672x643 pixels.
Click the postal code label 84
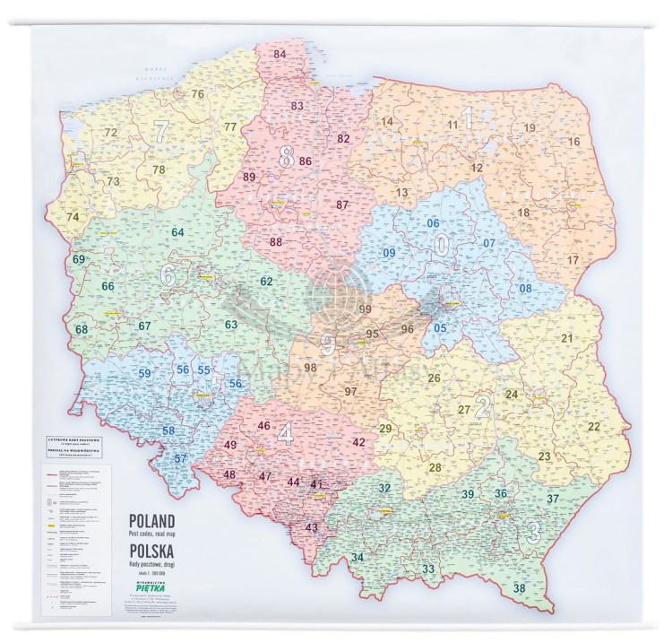280,55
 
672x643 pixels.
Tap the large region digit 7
160,130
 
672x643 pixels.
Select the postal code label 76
197,94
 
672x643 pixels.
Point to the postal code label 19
530,128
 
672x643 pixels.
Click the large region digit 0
441,244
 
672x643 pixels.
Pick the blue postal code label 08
526,288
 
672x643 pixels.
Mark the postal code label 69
79,260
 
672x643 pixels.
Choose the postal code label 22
594,426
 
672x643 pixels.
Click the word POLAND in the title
151,520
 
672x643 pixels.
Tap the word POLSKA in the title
151,548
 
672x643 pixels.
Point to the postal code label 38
520,588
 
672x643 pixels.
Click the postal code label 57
181,459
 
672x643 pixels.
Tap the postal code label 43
312,527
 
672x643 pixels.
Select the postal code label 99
365,309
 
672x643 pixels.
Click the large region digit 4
285,435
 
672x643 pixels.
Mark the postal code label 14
387,122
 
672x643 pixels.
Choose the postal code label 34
358,558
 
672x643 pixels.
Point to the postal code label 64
177,233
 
